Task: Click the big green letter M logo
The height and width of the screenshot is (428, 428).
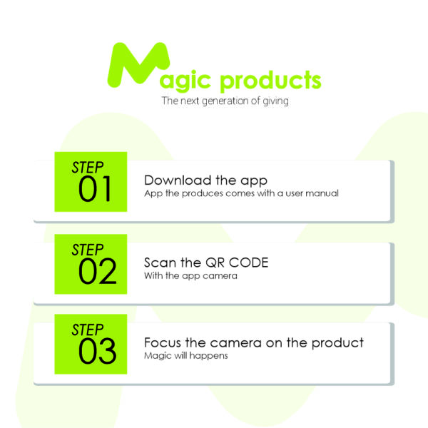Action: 138,65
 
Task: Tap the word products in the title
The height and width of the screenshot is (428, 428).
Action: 270,81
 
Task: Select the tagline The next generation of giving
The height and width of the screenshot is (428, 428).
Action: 225,101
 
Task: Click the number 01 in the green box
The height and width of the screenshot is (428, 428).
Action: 95,188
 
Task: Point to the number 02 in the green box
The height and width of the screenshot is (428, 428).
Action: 98,271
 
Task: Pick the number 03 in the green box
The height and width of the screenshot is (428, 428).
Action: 98,351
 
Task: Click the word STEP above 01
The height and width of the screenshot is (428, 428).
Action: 88,168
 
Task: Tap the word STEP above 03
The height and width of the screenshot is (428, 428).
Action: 88,330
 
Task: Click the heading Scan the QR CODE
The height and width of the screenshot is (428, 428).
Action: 206,263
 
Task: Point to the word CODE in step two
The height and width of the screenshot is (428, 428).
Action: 248,263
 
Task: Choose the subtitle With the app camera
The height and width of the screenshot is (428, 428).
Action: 190,275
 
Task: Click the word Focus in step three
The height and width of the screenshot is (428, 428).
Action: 163,342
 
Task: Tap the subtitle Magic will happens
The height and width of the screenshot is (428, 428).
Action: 186,356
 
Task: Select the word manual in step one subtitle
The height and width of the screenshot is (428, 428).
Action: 322,193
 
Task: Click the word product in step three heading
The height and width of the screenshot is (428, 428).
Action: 337,343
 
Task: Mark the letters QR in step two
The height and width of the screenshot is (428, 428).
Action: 215,263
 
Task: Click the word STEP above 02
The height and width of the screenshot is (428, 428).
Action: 88,250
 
